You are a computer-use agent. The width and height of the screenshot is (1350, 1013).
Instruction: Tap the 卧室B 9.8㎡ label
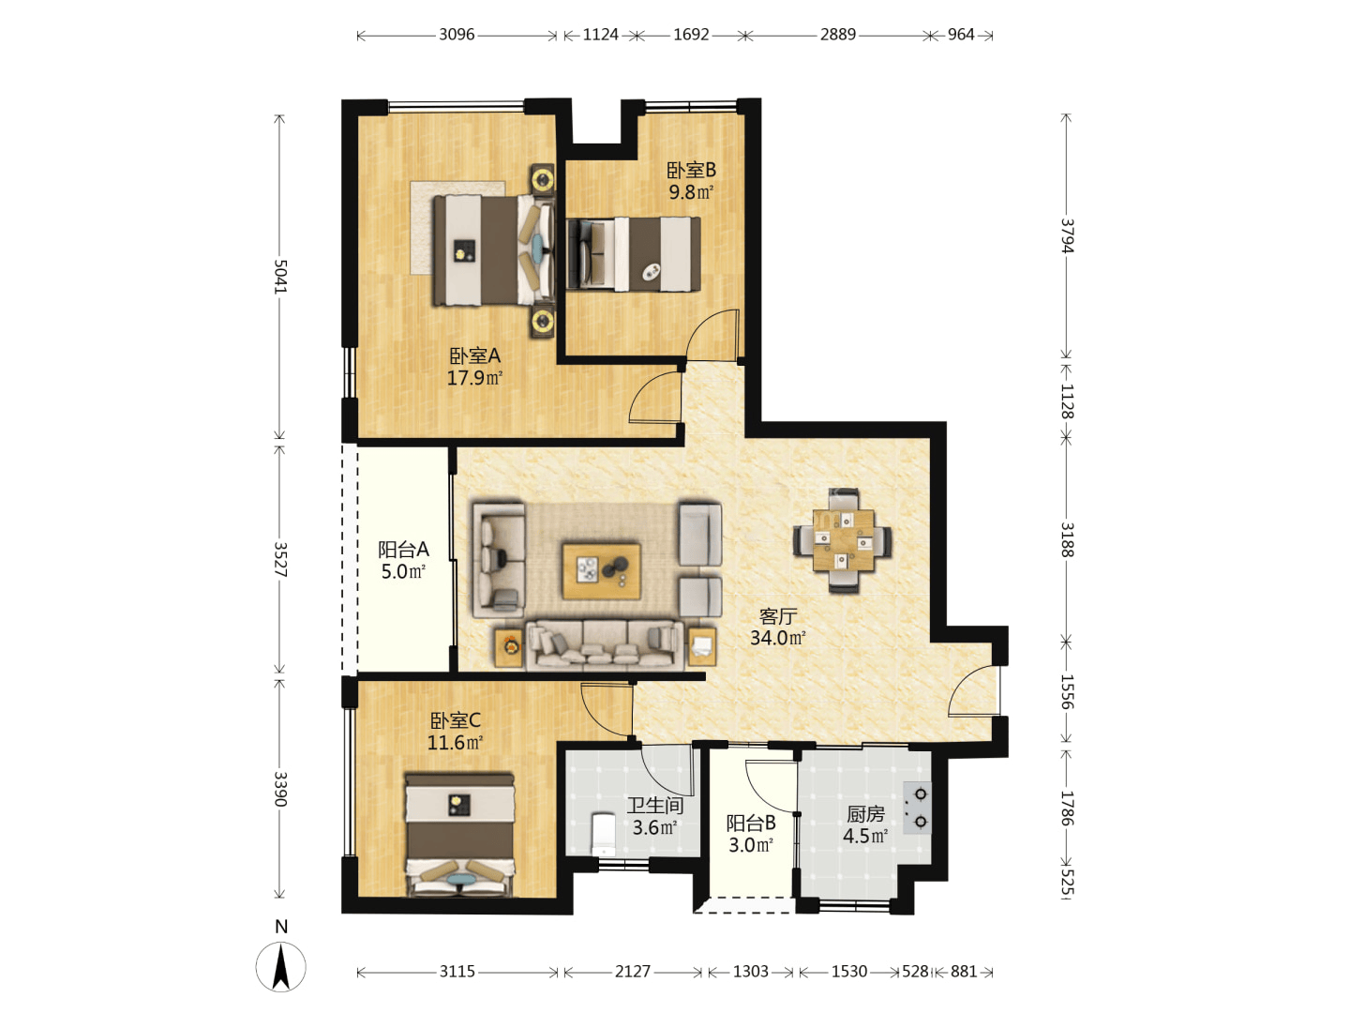coord(691,181)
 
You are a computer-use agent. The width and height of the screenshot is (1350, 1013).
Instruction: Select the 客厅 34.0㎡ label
coord(777,627)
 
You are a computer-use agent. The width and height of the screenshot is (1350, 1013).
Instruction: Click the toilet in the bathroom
coord(604,834)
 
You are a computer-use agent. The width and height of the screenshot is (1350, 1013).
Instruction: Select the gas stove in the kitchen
coord(916,808)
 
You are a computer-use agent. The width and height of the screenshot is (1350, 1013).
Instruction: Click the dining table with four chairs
coord(843,540)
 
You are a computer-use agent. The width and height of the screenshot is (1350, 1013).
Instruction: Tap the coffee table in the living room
coord(602,570)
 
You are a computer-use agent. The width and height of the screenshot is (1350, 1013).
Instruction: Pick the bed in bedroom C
coord(459,835)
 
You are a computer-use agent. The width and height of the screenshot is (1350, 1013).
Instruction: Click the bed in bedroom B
coord(634,253)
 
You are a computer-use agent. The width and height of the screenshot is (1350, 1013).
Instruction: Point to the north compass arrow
coord(281,967)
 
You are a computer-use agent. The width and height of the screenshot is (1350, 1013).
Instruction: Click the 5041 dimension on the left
coord(279,277)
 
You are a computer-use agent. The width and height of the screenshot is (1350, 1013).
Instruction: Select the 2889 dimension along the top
coord(838,35)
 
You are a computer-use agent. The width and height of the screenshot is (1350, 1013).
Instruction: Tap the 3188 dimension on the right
coord(1067,539)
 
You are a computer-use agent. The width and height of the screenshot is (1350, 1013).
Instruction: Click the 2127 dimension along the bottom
coord(632,971)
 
